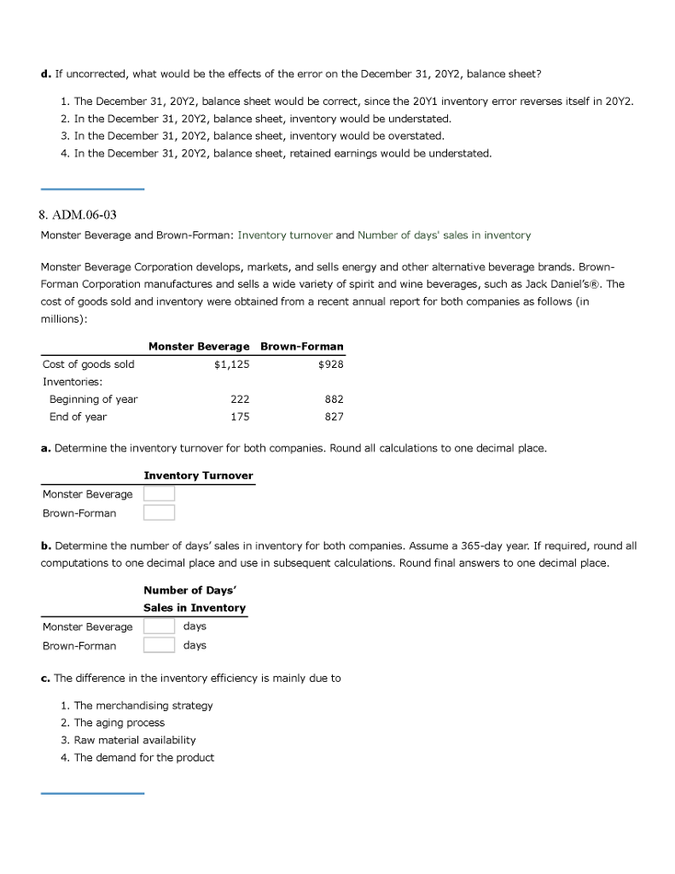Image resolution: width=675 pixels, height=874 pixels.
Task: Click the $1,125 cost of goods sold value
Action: coord(231,364)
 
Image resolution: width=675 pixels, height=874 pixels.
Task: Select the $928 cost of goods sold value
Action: coord(330,364)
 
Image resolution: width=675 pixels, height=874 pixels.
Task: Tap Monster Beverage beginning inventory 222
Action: coord(240,399)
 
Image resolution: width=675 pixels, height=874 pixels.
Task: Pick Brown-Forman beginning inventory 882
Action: coord(334,399)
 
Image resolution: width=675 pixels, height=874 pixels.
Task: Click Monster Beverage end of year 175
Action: coord(240,417)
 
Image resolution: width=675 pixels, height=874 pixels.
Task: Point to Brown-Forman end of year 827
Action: coord(334,417)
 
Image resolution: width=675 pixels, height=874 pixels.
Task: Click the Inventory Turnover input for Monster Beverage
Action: coord(159,494)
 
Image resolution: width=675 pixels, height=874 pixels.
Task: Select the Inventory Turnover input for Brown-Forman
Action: coord(159,513)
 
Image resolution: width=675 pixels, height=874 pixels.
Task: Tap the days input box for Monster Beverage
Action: coord(159,626)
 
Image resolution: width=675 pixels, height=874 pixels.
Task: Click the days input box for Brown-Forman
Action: coord(159,645)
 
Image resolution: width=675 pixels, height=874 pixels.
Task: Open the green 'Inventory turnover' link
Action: coord(284,235)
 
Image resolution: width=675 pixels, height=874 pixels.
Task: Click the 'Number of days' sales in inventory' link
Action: coord(444,235)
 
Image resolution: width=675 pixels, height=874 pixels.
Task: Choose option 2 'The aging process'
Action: coord(119,723)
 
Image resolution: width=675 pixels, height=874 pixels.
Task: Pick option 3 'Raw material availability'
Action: coord(134,740)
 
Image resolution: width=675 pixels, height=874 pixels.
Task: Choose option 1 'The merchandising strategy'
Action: coord(143,706)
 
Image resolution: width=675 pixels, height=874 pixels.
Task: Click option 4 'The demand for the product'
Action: coord(143,758)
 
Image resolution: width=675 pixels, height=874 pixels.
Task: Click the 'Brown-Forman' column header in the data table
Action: coord(301,347)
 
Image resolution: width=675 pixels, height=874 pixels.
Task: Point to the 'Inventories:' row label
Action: coord(73,382)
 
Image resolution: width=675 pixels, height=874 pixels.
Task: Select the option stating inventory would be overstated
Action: coord(259,136)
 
